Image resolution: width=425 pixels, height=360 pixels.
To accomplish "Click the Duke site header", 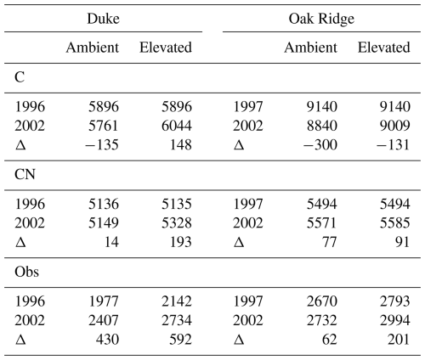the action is point(103,19).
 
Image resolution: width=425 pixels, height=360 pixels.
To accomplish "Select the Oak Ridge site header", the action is point(321,20).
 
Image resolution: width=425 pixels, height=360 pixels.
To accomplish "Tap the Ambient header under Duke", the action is point(93,48).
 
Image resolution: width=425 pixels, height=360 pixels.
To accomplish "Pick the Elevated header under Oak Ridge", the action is point(383,48).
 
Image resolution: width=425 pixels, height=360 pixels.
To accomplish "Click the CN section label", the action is point(25,174).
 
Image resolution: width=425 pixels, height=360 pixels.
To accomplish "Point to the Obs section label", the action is point(26,272).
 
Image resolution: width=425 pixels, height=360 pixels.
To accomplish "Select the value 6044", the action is point(177,126).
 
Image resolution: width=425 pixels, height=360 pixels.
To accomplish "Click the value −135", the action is point(102,145).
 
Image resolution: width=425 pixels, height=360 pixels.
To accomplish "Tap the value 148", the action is point(180,145).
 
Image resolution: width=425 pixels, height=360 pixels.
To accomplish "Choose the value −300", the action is point(320,145).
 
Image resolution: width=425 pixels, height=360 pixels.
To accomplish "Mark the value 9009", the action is point(395,126).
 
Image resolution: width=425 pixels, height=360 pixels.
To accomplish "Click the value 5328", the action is point(177,223).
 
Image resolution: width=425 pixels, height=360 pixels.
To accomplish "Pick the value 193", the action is point(180,242).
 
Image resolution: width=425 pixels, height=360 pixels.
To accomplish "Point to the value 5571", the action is point(322,223).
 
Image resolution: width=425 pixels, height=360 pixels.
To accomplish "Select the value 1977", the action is point(104,301).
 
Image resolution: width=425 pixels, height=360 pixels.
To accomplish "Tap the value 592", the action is point(180,340).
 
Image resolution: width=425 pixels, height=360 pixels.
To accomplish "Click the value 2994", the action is point(395,320).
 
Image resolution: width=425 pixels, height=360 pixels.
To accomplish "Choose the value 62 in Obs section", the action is point(330,340).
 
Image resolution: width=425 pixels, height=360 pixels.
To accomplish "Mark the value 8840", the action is point(322,126).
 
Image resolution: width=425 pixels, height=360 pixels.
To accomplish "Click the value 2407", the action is point(104,320).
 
